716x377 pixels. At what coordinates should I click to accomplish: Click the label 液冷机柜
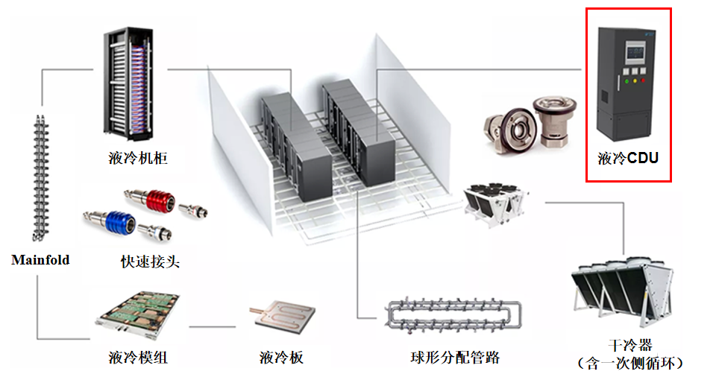[x=138, y=158]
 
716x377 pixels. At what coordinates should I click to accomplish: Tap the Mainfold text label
[x=40, y=260]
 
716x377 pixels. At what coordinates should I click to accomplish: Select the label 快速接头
[x=150, y=262]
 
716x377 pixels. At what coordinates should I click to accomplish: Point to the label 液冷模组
[x=138, y=357]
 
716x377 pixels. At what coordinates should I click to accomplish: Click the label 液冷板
[x=281, y=358]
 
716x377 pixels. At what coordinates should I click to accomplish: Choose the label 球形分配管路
[x=455, y=358]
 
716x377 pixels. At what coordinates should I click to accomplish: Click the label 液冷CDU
[x=628, y=158]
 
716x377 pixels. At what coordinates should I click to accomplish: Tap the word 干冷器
[x=631, y=345]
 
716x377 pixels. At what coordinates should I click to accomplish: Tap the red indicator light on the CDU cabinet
[x=644, y=80]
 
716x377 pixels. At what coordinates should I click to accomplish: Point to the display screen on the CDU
[x=635, y=53]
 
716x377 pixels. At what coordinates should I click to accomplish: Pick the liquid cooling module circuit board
[x=138, y=315]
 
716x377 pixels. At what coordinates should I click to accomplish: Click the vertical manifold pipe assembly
[x=40, y=178]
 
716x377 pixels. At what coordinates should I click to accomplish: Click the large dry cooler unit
[x=622, y=292]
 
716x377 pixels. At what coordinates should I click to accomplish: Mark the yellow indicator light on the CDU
[x=635, y=81]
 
